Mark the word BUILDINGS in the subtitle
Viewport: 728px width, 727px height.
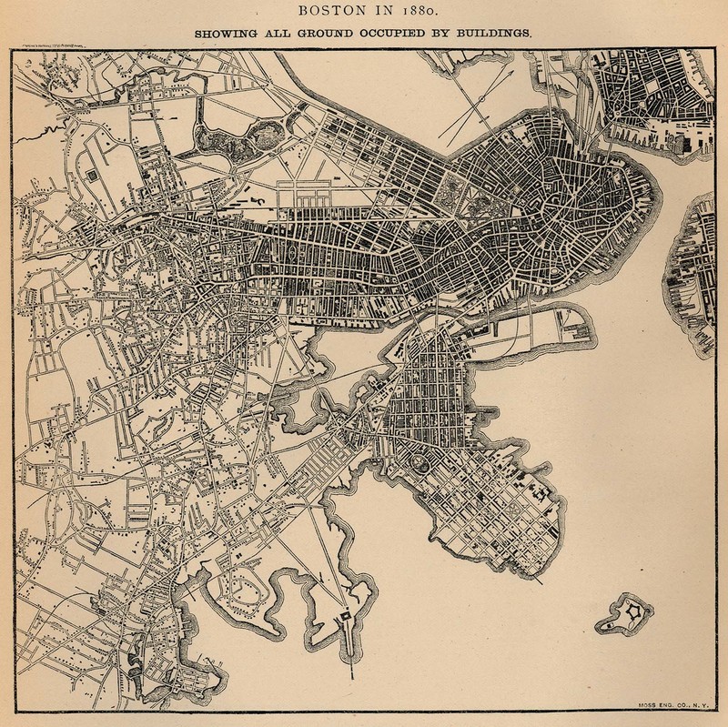click(496, 35)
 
